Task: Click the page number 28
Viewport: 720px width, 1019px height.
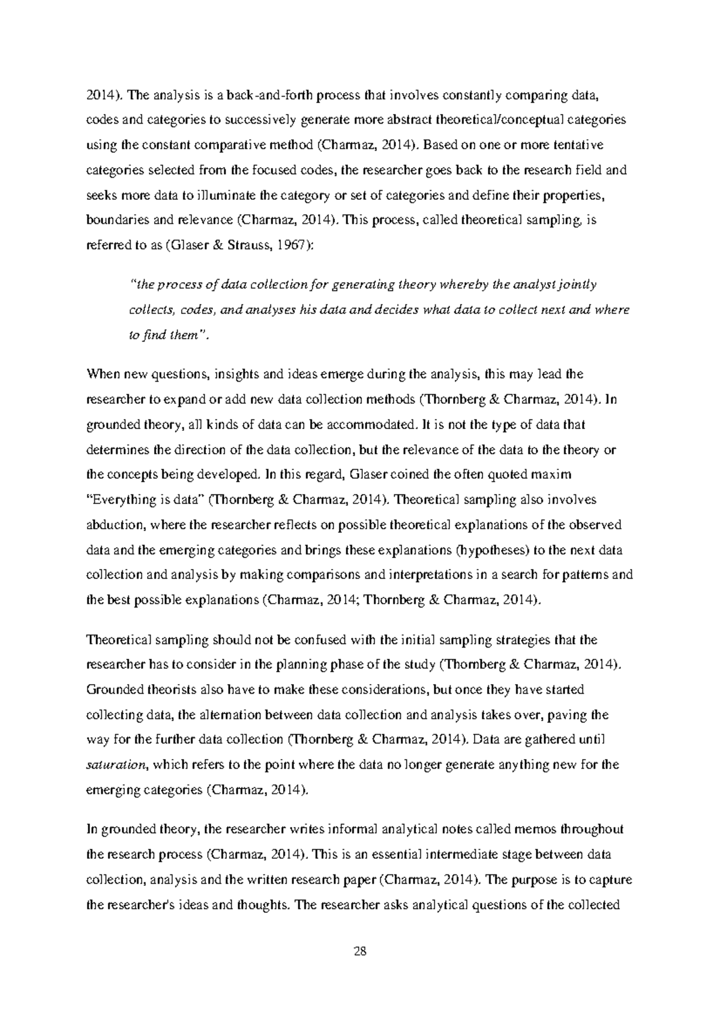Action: [360, 951]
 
